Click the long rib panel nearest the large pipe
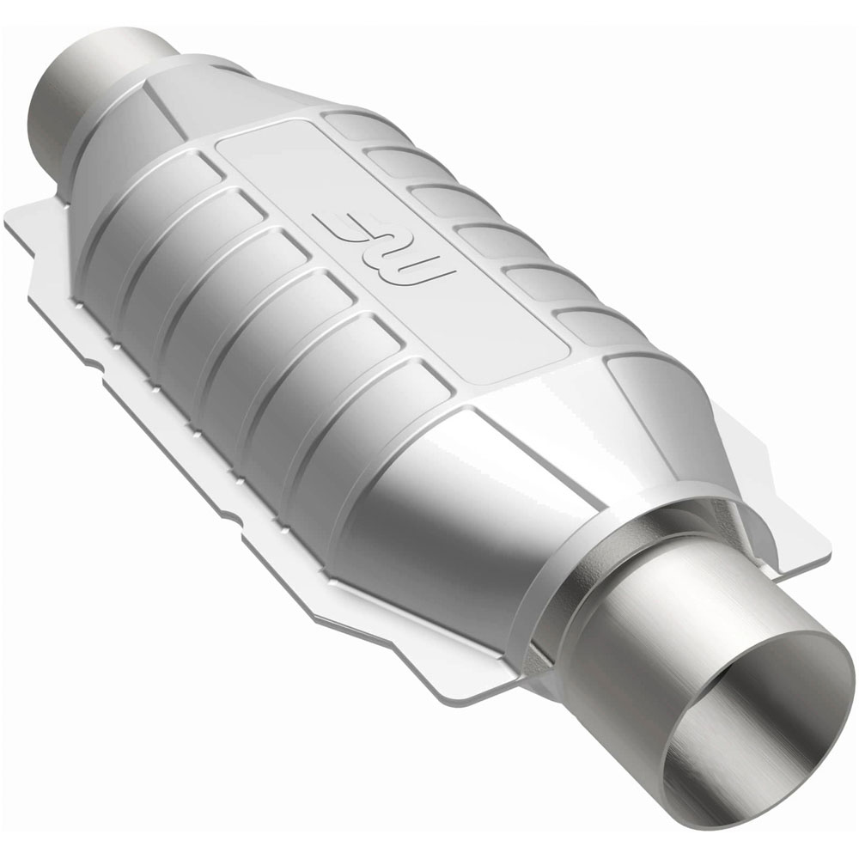pyautogui.click(x=378, y=447)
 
